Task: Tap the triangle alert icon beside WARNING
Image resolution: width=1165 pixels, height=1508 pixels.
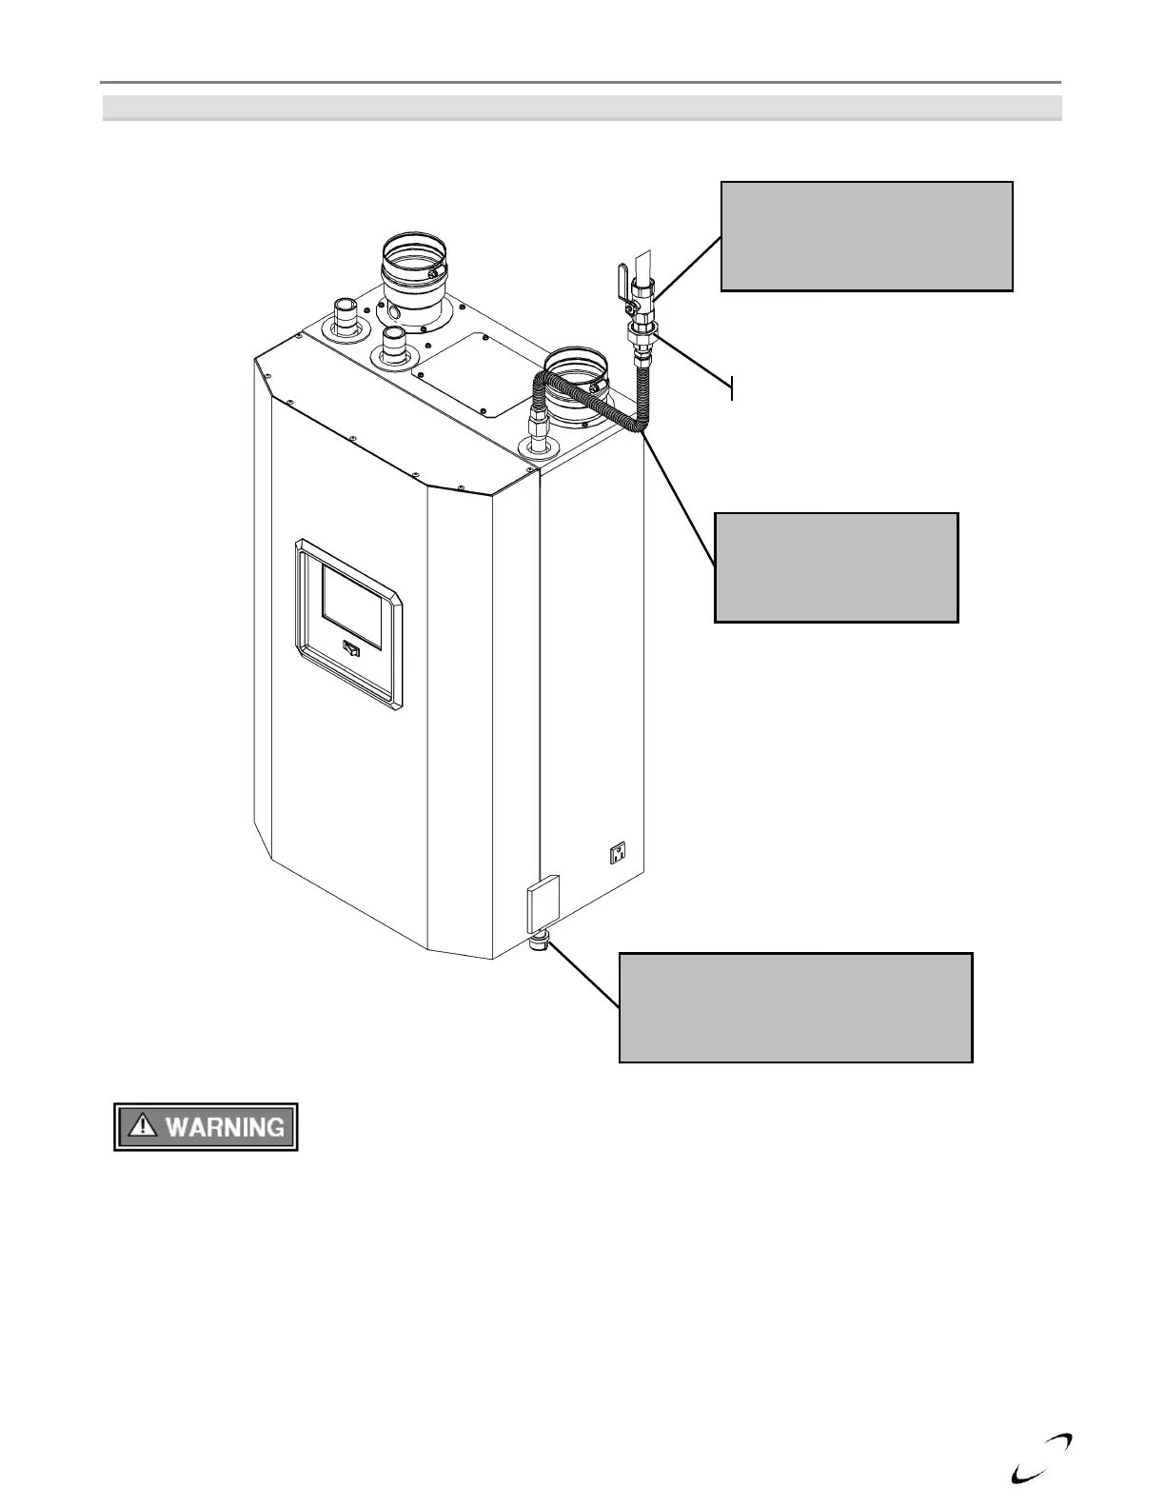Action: point(143,1126)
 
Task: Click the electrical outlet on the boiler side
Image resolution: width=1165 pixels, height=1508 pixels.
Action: point(619,854)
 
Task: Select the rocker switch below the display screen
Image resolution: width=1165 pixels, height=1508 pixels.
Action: point(351,649)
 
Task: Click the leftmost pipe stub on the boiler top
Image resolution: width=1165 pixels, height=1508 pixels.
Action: point(346,315)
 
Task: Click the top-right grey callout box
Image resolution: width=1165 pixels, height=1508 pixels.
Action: point(866,236)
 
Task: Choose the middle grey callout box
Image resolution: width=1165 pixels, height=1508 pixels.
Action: point(836,567)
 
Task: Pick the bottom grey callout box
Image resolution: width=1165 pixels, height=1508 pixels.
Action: point(795,1007)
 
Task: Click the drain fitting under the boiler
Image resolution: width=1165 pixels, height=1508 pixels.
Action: point(540,944)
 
